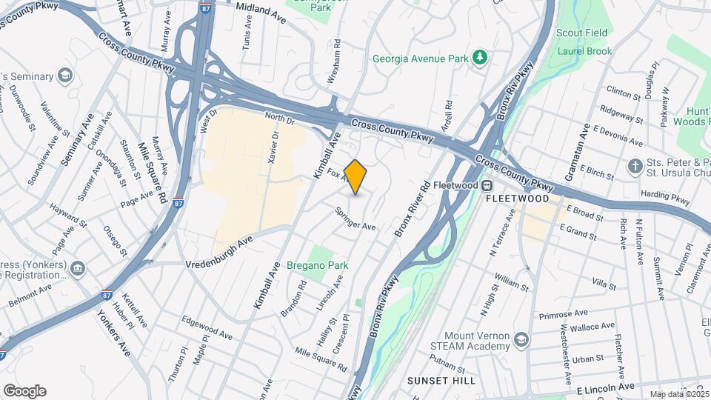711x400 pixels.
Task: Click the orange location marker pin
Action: click(355, 177)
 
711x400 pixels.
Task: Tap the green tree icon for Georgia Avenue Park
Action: click(480, 57)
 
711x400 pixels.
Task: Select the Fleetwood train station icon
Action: click(488, 185)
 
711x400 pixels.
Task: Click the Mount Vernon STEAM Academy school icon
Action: click(522, 339)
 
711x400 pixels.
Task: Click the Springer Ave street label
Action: click(356, 219)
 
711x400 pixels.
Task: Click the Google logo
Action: click(24, 391)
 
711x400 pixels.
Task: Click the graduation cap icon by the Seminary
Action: click(65, 76)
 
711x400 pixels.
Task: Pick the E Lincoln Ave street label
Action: click(605, 387)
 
